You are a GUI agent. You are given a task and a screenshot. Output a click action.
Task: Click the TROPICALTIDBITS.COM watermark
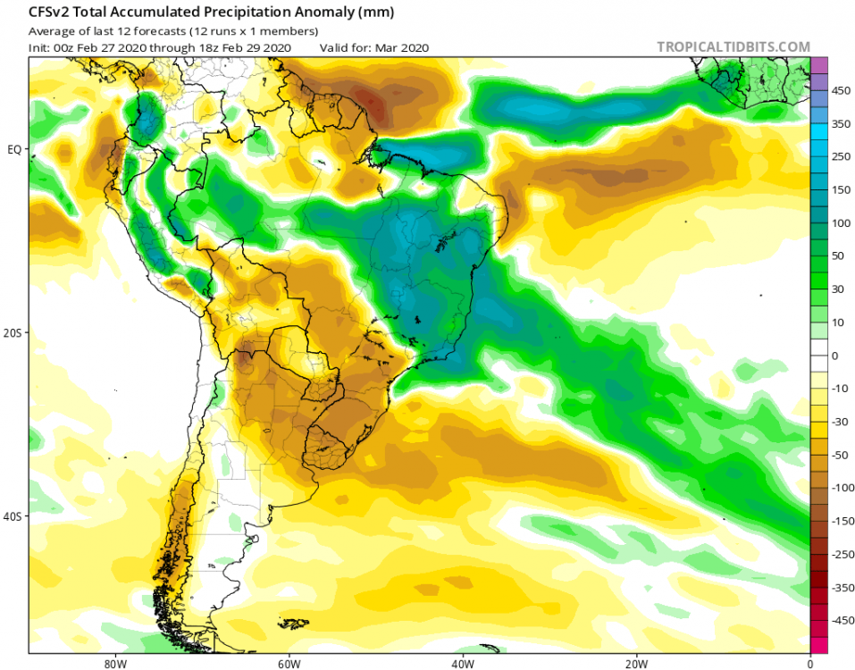coord(733,46)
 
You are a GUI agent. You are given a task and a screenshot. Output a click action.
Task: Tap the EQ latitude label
coord(14,149)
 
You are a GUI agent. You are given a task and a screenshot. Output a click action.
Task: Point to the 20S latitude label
coord(13,332)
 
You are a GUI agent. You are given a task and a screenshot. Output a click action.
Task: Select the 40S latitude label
coord(13,516)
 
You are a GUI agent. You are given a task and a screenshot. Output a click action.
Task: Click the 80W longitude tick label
coord(113,663)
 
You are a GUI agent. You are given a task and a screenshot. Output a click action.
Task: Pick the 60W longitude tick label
coord(287,663)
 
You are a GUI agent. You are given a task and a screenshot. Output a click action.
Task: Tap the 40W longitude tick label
coord(462,663)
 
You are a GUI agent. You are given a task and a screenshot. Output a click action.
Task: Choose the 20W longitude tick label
coord(636,663)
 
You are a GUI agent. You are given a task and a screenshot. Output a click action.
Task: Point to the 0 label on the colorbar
coord(835,355)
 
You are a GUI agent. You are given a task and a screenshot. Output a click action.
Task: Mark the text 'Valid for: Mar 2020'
coord(374,47)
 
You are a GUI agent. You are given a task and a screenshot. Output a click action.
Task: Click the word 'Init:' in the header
coord(41,47)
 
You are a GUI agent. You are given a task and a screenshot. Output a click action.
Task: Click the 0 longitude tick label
coord(809,663)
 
